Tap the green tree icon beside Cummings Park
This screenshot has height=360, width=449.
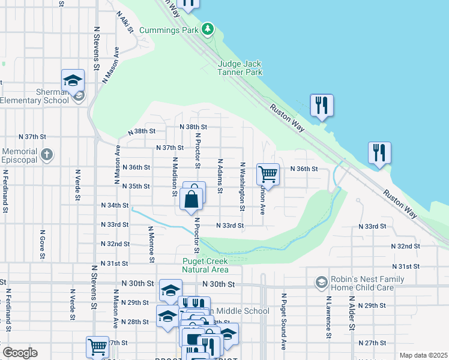click(208, 29)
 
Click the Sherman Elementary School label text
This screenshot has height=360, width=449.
click(34, 96)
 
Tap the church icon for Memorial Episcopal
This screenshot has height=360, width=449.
click(46, 155)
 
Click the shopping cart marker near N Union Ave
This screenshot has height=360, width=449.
click(268, 175)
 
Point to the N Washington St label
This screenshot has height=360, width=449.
click(243, 187)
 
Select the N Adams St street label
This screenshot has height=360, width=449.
click(220, 176)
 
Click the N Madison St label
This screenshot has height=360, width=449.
click(174, 176)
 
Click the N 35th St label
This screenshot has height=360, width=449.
click(135, 187)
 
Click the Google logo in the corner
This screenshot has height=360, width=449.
click(20, 353)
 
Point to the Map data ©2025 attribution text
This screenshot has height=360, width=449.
click(423, 355)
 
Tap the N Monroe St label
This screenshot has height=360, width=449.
click(152, 244)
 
